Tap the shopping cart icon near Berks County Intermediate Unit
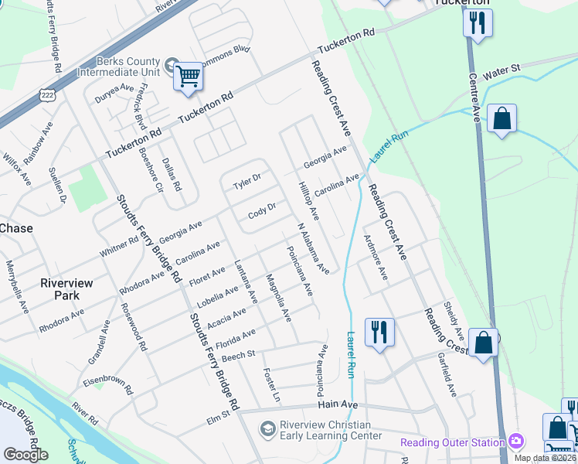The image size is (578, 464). [x=188, y=77]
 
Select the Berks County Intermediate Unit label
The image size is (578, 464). [x=118, y=67]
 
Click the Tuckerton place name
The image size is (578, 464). [x=461, y=3]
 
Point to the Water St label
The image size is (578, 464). [x=503, y=75]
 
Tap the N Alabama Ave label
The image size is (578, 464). [x=314, y=247]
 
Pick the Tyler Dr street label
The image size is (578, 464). [x=248, y=182]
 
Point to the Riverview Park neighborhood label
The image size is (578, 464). [x=67, y=289]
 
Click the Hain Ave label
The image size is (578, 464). [x=338, y=404]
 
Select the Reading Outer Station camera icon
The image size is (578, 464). [x=515, y=442]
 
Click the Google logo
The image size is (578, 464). [x=25, y=455]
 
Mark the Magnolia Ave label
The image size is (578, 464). [x=277, y=298]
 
